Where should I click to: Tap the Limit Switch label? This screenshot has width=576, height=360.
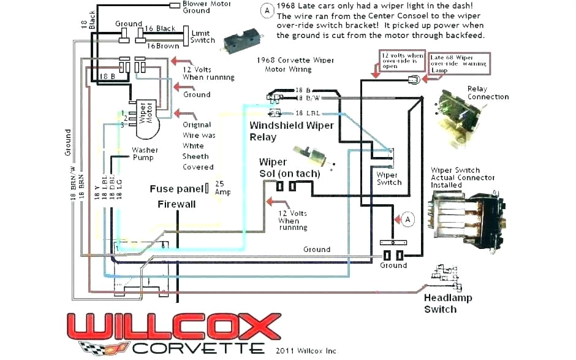tap(203, 36)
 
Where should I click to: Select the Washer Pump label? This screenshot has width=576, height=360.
tap(145, 153)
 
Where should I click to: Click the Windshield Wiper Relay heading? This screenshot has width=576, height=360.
tap(292, 131)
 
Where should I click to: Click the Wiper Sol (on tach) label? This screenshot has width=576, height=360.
tap(289, 168)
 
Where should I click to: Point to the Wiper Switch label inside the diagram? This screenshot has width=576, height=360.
tap(388, 178)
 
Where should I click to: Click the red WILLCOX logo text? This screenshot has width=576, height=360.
tap(175, 325)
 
